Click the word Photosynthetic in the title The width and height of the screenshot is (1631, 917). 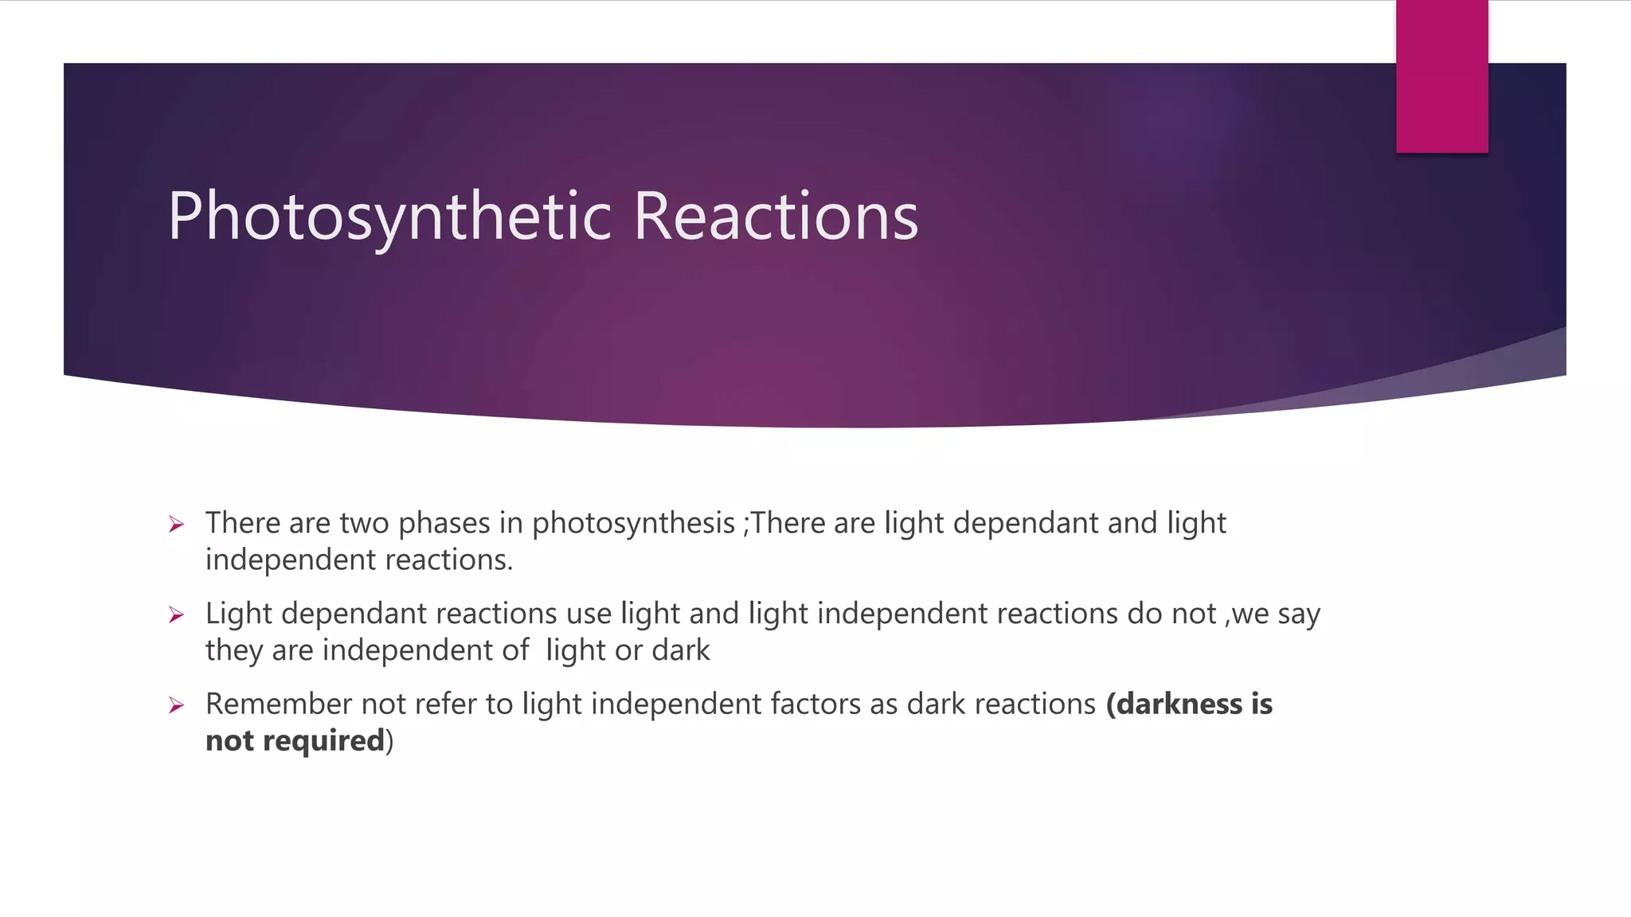click(389, 217)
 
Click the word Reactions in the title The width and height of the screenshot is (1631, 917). click(776, 217)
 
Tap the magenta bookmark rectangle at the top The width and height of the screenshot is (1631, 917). click(1441, 76)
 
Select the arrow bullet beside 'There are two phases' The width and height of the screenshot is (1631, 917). click(177, 525)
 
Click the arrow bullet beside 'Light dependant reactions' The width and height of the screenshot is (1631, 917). click(177, 615)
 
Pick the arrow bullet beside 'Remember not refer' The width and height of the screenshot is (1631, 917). click(177, 705)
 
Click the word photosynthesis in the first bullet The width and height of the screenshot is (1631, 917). click(633, 524)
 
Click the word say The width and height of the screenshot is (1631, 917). click(1299, 615)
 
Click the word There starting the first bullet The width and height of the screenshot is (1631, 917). click(243, 524)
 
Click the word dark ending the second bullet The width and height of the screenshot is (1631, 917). click(680, 651)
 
